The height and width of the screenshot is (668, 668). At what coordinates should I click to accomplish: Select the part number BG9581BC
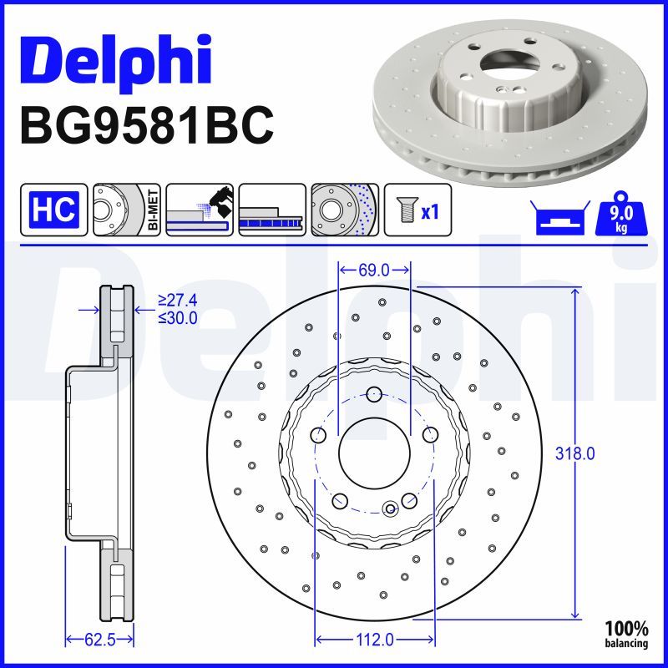coord(146,125)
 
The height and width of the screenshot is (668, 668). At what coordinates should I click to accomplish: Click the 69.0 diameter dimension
coord(373,270)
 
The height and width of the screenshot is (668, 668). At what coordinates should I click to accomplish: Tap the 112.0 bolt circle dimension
coord(374,640)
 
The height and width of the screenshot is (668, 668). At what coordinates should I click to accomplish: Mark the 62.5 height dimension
coord(99,640)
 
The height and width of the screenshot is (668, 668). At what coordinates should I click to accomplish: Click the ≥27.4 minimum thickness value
coord(177,301)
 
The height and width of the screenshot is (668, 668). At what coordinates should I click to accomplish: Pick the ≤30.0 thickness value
coord(177,317)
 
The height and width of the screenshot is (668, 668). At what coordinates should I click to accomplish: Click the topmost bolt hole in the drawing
coord(374,394)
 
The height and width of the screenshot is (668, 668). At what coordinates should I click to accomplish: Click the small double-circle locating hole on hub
coord(389,509)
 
